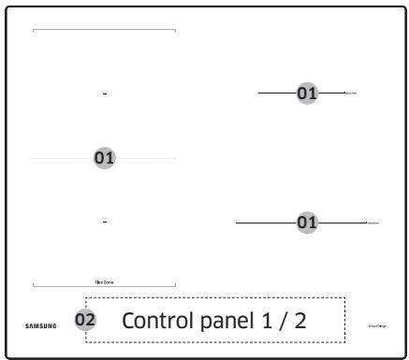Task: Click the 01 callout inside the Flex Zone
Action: (x=104, y=158)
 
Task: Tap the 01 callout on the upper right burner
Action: (x=307, y=94)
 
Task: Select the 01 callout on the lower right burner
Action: (x=307, y=223)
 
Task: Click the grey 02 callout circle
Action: (x=85, y=320)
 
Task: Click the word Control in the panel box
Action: (x=156, y=321)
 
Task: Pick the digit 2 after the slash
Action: (x=299, y=321)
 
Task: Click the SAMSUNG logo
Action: (x=40, y=325)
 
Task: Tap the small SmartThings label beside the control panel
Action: (x=378, y=325)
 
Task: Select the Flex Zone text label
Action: (x=104, y=281)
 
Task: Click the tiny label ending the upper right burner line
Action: (x=351, y=94)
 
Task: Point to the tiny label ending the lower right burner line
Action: (x=372, y=223)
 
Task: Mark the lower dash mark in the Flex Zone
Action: (x=105, y=222)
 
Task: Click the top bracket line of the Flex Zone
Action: (x=104, y=30)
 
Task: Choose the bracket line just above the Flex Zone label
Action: (x=104, y=285)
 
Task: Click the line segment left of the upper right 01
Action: (x=277, y=94)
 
